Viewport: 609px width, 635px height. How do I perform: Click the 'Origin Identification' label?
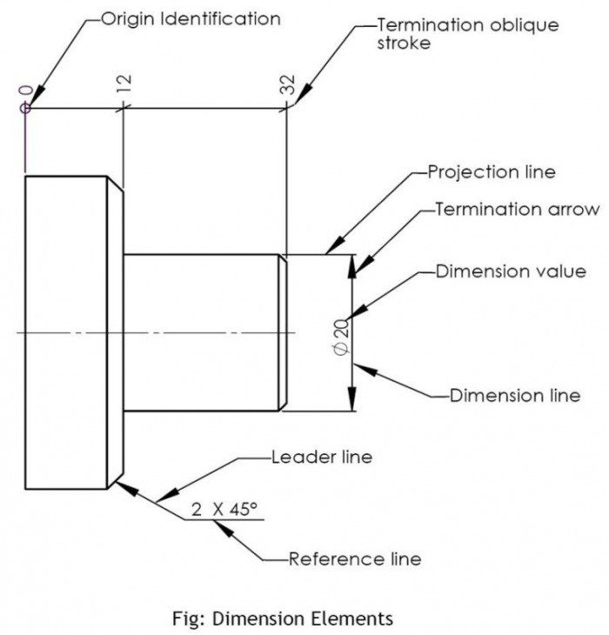[x=191, y=18]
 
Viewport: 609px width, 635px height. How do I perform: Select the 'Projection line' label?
[x=491, y=171]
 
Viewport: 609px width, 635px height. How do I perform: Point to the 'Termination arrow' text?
[x=516, y=209]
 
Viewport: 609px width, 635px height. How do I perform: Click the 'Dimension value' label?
[x=510, y=271]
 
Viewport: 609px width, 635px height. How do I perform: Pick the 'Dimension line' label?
[x=514, y=396]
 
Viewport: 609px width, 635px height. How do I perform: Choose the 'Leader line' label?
[x=321, y=457]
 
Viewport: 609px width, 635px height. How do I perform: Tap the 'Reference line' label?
[x=354, y=559]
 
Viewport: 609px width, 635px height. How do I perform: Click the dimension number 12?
[x=124, y=84]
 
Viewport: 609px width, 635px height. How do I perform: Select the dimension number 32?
[x=287, y=84]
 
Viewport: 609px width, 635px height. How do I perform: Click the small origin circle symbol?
[x=26, y=107]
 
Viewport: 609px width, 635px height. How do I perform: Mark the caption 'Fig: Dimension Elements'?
[x=282, y=618]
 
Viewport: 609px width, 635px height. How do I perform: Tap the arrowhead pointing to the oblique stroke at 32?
[x=298, y=97]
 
